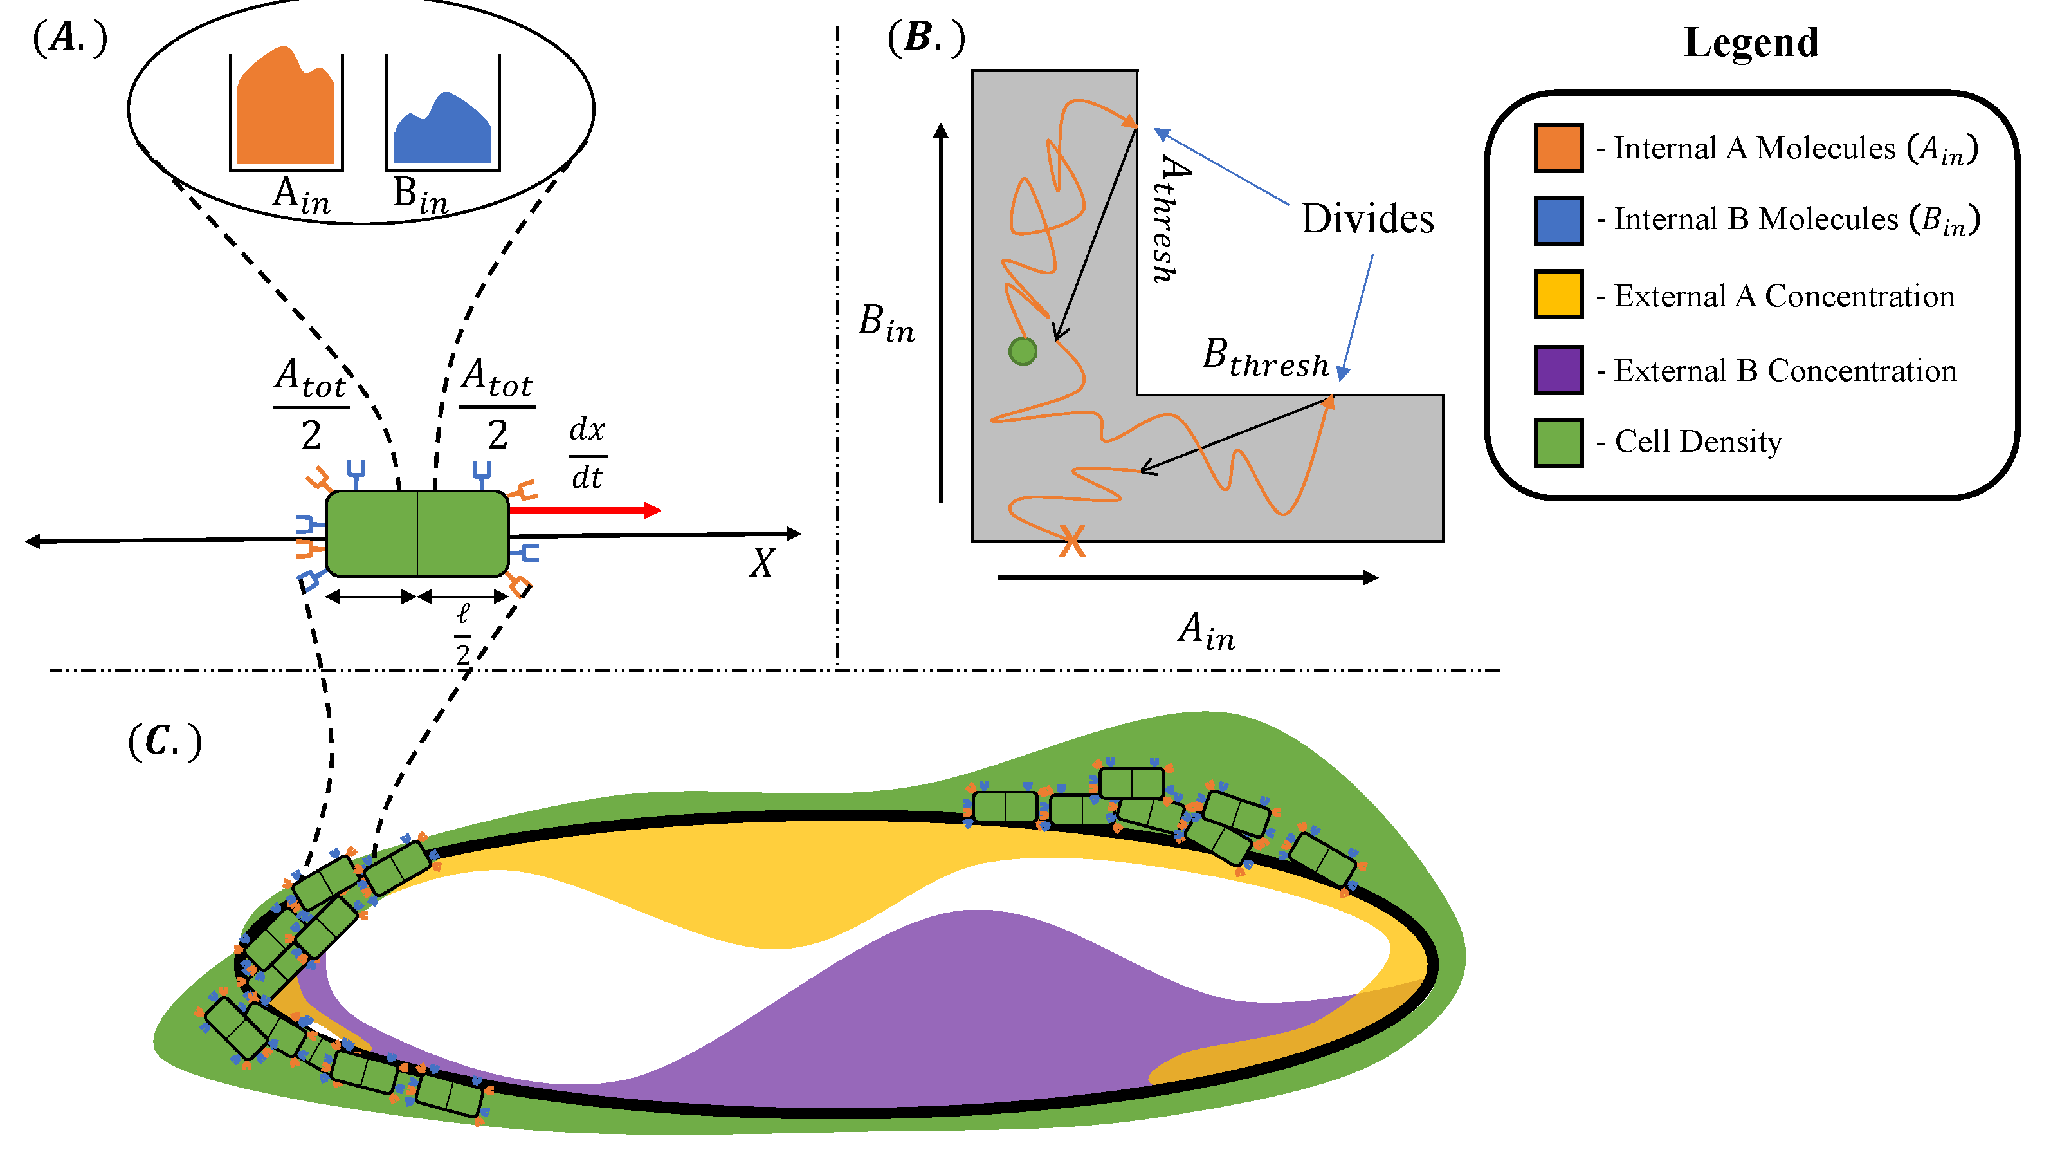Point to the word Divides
1367,219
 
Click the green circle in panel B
1023,351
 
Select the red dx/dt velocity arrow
585,510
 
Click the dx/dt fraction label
588,453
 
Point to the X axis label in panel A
762,563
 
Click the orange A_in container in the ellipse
286,111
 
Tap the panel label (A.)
70,37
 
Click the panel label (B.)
926,37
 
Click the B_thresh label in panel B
1265,358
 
